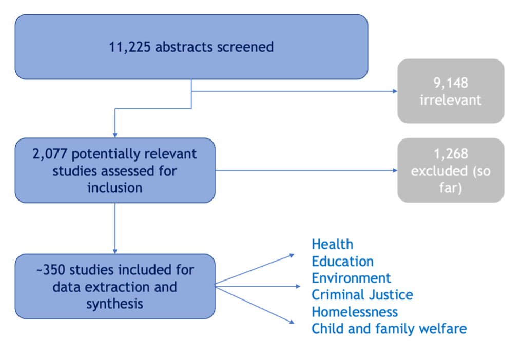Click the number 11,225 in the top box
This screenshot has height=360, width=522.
tap(130, 47)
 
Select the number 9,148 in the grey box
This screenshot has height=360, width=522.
tap(451, 83)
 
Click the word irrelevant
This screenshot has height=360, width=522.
tap(451, 100)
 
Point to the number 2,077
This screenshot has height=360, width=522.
tap(50, 154)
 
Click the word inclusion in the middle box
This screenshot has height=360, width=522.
tap(115, 188)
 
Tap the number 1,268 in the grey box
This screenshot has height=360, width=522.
tap(451, 154)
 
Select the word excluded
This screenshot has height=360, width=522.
tap(439, 171)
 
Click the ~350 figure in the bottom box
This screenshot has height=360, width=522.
tap(51, 270)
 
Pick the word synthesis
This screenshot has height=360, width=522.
tap(115, 304)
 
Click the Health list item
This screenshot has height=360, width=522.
tap(332, 245)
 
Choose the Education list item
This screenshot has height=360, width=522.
tap(342, 262)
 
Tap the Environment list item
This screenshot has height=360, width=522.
tap(351, 278)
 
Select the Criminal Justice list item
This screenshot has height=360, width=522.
tap(362, 295)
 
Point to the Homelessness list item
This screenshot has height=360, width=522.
tap(355, 312)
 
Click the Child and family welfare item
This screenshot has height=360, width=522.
tap(389, 329)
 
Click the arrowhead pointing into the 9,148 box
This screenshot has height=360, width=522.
tap(395, 91)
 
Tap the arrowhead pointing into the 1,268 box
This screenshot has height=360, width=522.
tap(395, 170)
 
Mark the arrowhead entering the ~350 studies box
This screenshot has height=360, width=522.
tap(115, 251)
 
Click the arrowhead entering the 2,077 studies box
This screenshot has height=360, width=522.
tap(115, 135)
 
